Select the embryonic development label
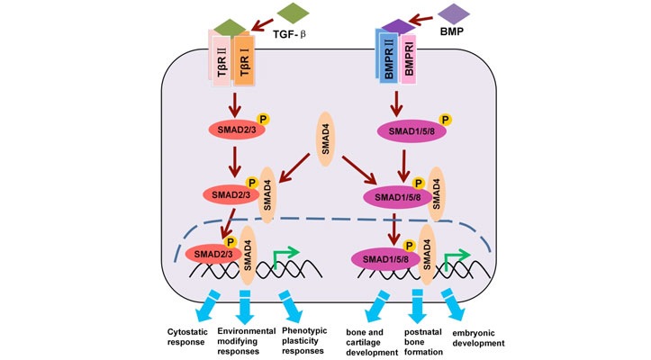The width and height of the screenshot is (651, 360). click(x=479, y=337)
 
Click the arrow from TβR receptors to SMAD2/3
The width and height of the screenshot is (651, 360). click(x=235, y=102)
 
